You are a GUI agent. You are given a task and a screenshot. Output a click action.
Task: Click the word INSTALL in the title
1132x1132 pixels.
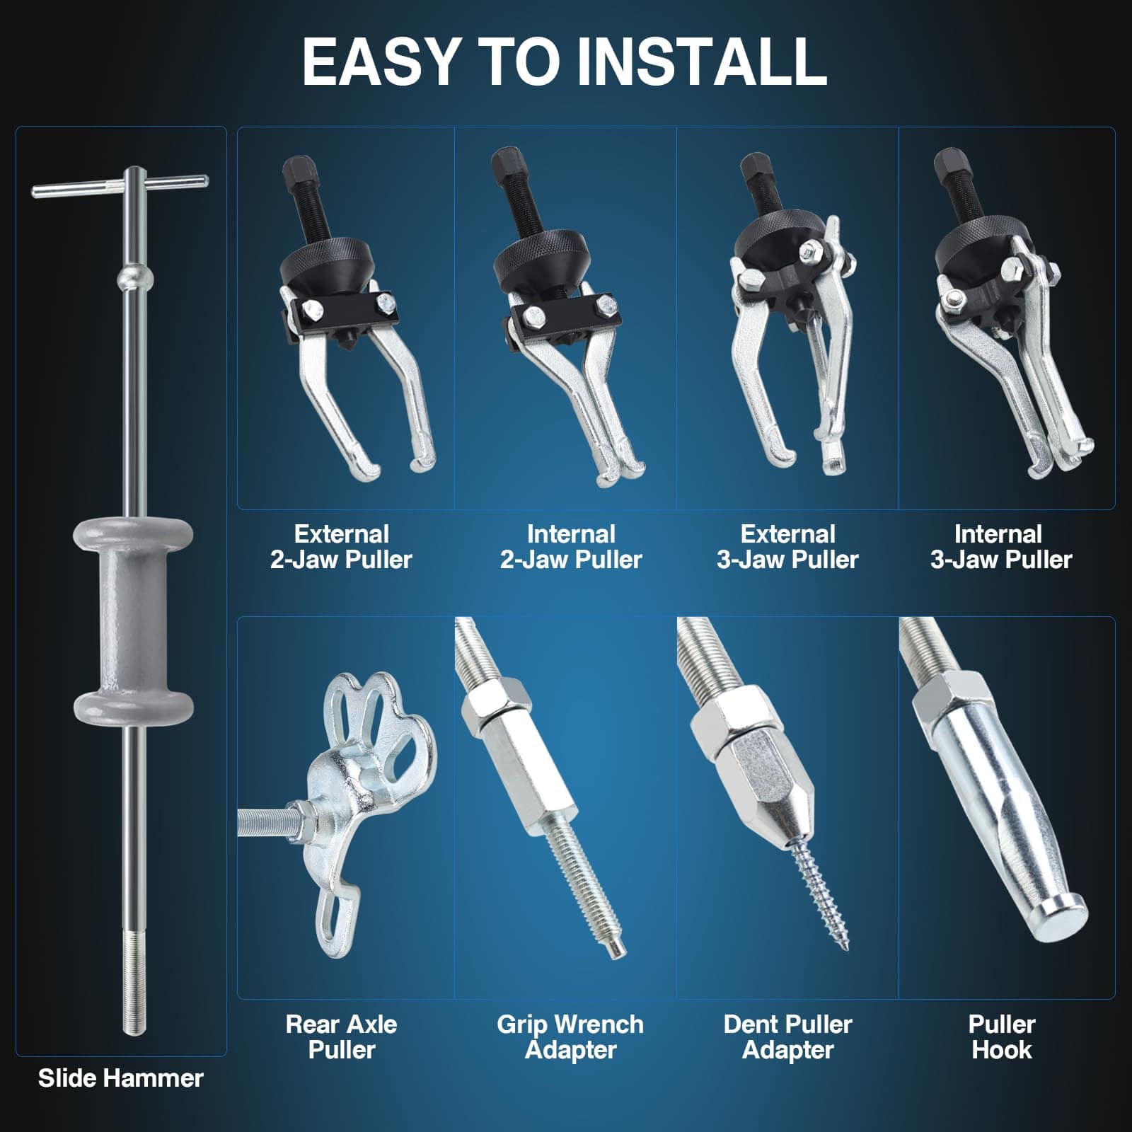[703, 62]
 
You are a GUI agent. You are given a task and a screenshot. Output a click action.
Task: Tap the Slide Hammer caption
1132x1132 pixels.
[121, 1078]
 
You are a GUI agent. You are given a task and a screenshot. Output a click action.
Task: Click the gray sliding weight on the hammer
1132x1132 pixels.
[133, 614]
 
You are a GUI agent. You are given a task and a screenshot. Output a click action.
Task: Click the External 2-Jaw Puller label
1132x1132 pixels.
[342, 547]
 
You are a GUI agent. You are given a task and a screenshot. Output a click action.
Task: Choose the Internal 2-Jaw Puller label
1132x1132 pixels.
[571, 547]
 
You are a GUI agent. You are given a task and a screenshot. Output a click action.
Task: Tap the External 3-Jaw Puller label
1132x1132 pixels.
[787, 547]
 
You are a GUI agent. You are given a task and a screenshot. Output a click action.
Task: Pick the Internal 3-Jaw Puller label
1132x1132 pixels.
[1001, 547]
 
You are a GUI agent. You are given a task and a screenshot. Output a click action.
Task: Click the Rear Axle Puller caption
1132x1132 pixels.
[342, 1037]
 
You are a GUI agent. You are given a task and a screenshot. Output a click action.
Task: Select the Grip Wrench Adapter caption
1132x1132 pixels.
[570, 1037]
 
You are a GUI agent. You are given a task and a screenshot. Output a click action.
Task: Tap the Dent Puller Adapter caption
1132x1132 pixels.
[787, 1037]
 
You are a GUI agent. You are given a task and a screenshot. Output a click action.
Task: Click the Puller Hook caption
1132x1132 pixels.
[1002, 1037]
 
